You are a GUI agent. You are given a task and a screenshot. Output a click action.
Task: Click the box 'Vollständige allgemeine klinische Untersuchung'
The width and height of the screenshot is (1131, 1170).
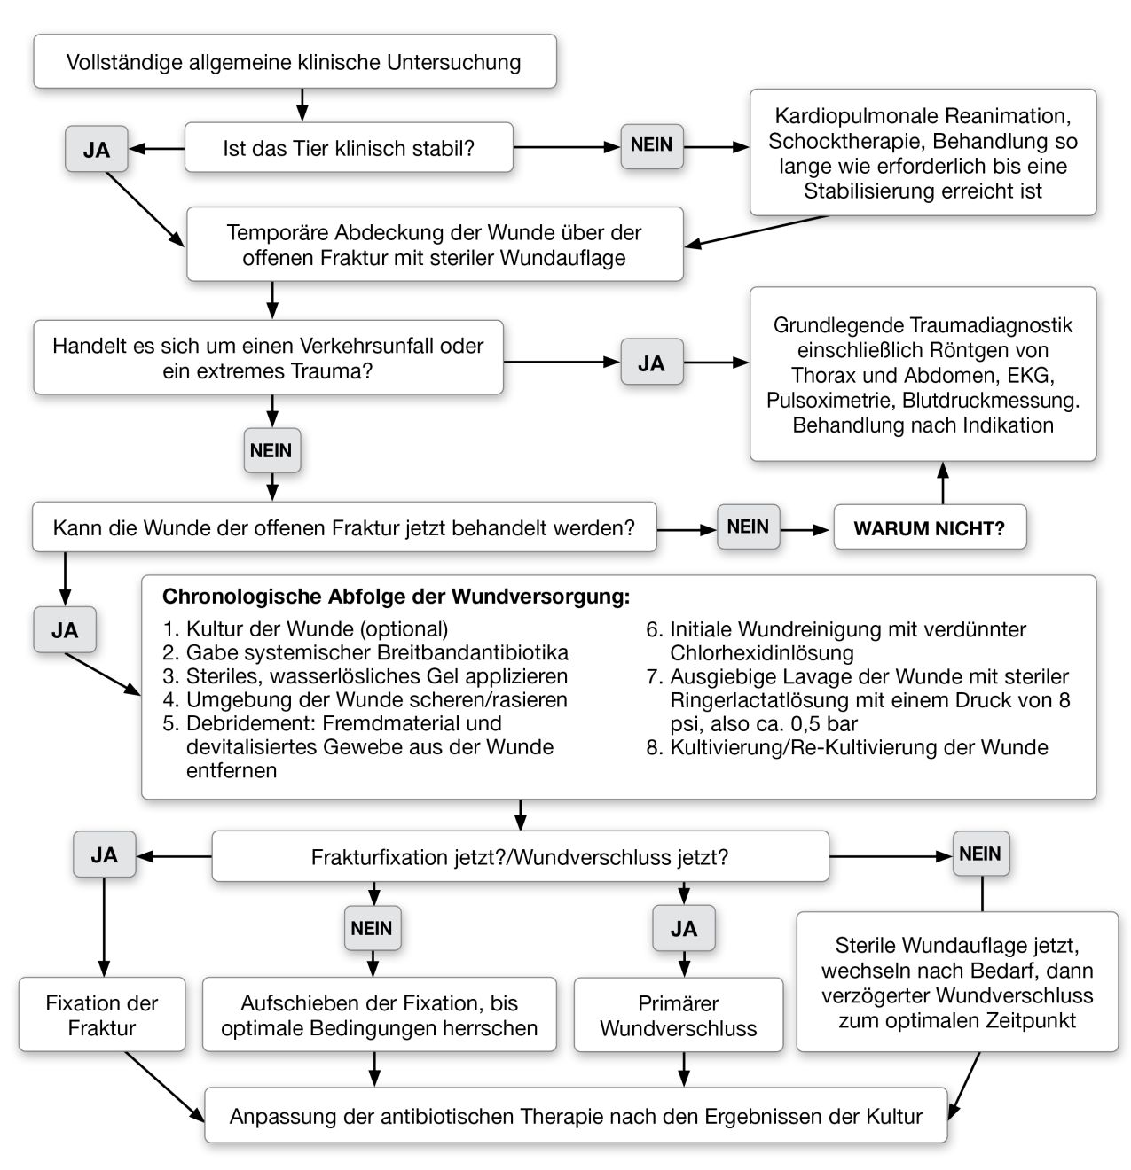pos(295,62)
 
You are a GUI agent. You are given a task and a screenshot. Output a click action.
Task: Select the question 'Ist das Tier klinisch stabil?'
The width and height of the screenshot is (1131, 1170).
pos(349,147)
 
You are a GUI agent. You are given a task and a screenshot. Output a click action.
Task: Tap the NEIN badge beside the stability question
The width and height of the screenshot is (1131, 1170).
pos(652,144)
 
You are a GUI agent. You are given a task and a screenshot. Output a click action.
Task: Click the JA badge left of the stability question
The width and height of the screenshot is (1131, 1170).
pos(97,149)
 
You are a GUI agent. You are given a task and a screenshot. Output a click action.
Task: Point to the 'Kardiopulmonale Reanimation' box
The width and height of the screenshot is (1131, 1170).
pos(923,152)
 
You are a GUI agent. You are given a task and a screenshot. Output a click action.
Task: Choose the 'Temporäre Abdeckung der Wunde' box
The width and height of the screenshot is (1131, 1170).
pos(435,245)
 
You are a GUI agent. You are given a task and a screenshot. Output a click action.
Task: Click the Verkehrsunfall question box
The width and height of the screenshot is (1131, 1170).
pos(268,357)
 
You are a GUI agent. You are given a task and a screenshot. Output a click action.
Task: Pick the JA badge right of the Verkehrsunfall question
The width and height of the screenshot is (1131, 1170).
pos(652,363)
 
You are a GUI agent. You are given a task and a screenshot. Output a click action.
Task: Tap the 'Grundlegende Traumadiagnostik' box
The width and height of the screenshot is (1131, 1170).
pos(923,374)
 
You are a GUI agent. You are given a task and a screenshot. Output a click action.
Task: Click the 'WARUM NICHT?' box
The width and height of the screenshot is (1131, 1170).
pos(929,528)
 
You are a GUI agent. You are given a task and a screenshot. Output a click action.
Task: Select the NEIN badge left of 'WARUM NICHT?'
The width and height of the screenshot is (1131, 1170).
pos(748,526)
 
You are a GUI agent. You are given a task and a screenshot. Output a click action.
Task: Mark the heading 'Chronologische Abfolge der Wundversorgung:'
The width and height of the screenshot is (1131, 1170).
pos(396,597)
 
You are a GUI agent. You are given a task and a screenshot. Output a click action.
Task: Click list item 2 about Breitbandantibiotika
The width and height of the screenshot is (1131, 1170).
pos(377,652)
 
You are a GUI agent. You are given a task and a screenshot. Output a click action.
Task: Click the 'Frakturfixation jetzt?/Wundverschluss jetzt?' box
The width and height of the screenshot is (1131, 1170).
pos(520,857)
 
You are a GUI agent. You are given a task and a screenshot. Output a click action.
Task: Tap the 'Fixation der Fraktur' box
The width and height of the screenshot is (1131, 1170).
pos(102,1015)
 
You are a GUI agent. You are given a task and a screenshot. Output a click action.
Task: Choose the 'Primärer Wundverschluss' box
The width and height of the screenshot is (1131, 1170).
pos(679,1015)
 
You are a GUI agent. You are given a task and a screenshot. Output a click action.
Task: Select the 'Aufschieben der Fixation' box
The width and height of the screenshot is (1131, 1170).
pos(380,1015)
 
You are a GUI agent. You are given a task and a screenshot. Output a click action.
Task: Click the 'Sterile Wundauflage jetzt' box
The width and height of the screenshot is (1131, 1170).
pos(957,982)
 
